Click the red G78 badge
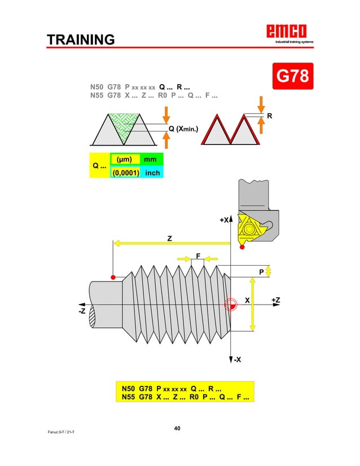(292, 75)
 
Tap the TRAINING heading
(81, 40)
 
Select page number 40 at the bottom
(177, 429)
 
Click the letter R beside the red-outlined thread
(269, 116)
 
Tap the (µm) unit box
(124, 160)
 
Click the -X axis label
(238, 360)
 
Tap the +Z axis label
(275, 300)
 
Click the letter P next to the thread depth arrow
(261, 272)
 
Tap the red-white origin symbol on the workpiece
(231, 305)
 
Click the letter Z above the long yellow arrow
(169, 239)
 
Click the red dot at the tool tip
(242, 247)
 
